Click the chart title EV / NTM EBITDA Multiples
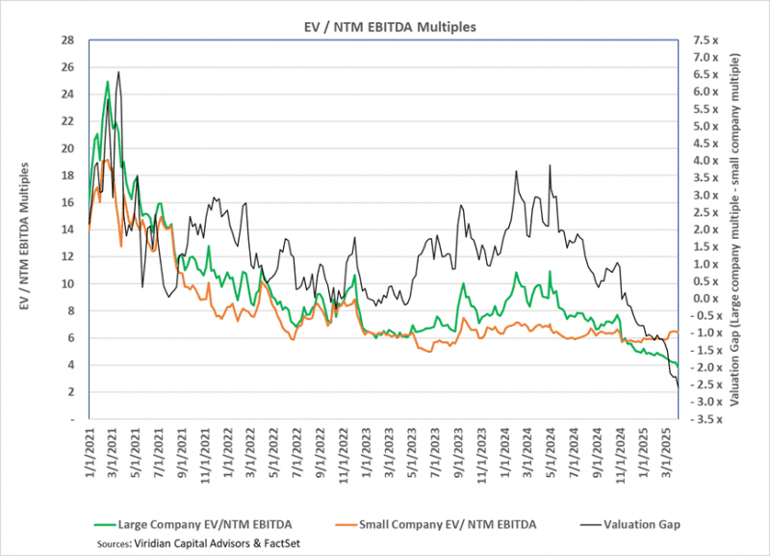[x=384, y=26]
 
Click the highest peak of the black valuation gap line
[x=118, y=72]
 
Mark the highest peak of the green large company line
[x=107, y=82]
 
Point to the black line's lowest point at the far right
[x=678, y=387]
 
